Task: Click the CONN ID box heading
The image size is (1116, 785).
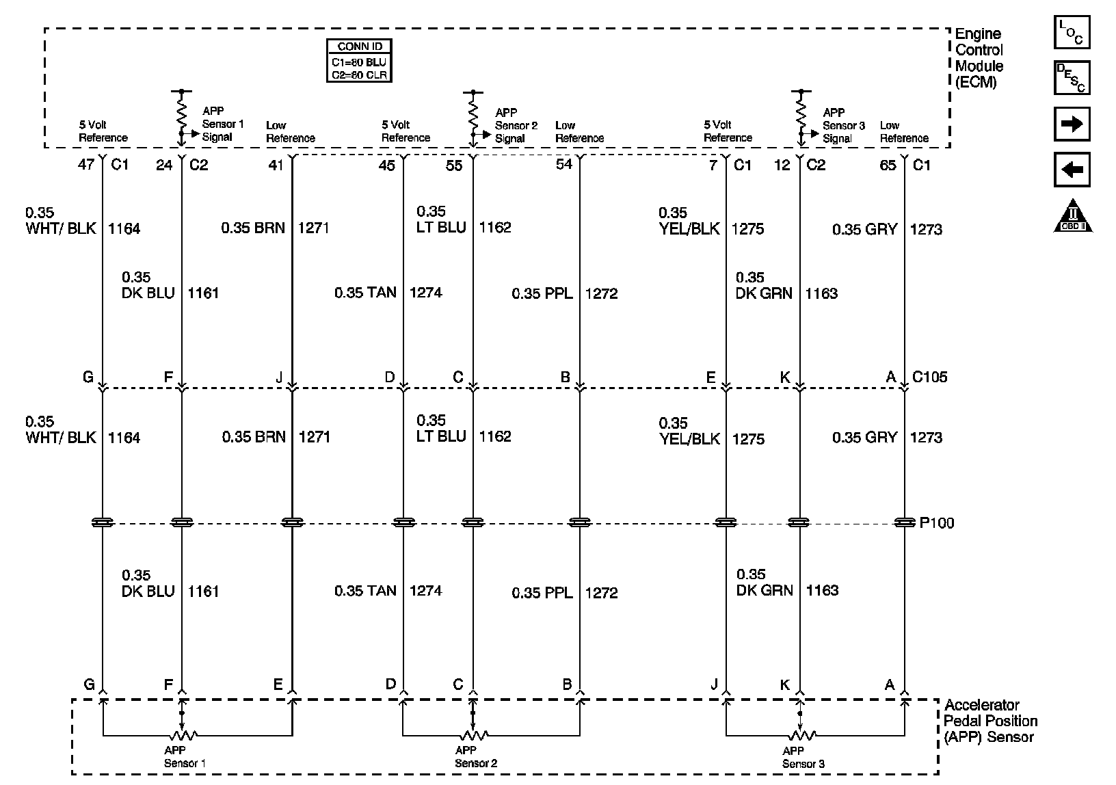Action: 360,46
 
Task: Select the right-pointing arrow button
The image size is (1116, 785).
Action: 1072,124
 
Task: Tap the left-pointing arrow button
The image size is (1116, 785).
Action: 1072,170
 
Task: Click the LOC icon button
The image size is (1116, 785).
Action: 1072,32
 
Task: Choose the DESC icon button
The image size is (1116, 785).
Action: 1072,78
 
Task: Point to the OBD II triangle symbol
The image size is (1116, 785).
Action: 1072,217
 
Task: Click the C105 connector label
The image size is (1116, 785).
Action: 930,377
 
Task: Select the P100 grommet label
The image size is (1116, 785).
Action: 937,523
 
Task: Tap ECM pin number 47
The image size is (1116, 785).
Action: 87,165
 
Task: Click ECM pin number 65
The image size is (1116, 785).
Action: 888,165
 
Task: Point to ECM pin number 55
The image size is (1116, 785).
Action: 454,165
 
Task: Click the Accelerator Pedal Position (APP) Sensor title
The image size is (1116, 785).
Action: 990,721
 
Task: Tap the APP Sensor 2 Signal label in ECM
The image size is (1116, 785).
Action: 516,125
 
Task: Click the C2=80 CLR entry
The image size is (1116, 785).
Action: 360,75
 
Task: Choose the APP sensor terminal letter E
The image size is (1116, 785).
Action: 278,684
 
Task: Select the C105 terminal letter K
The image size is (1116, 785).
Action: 784,377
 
